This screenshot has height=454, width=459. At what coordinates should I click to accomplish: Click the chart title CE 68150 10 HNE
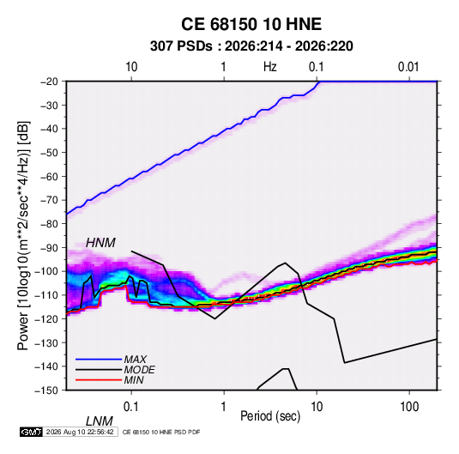click(251, 24)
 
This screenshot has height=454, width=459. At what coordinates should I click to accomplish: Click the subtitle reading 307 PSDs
click(181, 46)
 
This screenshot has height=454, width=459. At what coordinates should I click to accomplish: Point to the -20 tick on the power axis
click(49, 82)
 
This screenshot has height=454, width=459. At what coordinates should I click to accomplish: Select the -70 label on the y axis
click(49, 200)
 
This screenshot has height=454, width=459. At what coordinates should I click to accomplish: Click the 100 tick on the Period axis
click(409, 407)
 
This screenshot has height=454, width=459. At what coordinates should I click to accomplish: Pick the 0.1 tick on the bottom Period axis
click(131, 407)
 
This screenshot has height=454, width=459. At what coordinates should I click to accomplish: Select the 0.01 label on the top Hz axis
click(408, 67)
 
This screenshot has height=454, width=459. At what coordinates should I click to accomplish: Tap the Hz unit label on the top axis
click(270, 67)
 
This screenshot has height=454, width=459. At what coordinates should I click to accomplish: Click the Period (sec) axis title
click(270, 416)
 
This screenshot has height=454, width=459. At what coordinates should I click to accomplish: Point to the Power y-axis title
click(23, 235)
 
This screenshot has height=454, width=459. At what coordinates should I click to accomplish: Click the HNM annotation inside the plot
click(100, 243)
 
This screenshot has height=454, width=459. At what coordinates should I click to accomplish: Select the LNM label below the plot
click(100, 421)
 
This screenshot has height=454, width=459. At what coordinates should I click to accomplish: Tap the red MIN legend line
click(99, 380)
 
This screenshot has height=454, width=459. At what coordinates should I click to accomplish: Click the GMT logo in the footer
click(32, 432)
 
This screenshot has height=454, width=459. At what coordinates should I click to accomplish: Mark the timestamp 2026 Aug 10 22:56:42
click(80, 432)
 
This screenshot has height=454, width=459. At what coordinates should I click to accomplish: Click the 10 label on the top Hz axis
click(131, 67)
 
